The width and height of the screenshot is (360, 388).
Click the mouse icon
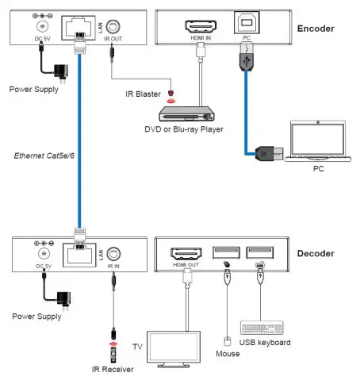click(225, 341)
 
